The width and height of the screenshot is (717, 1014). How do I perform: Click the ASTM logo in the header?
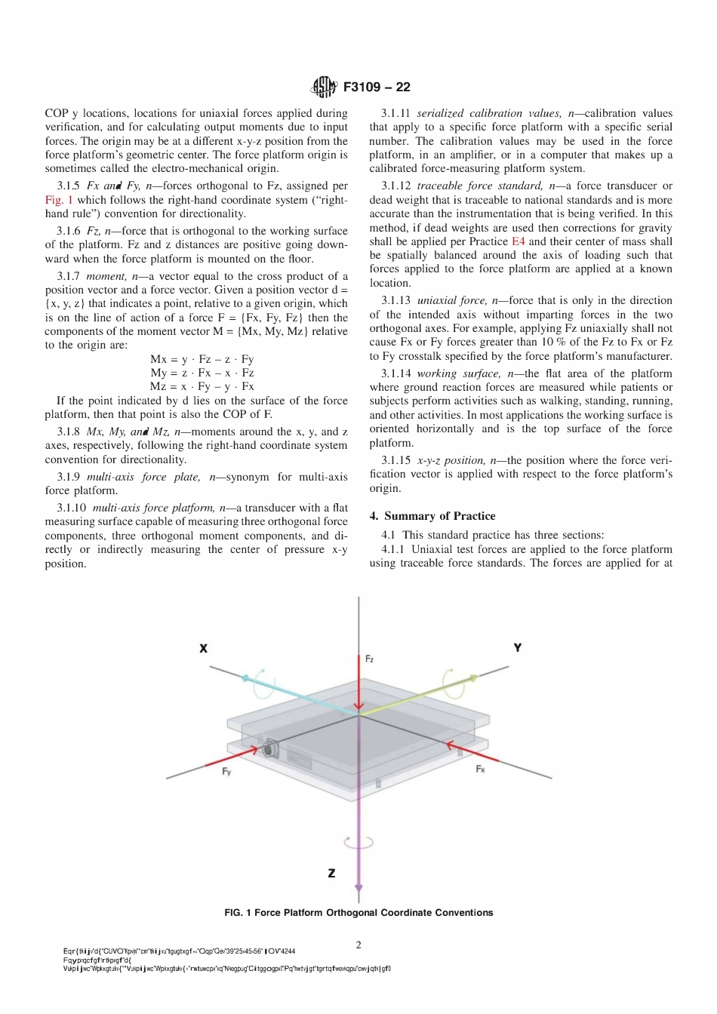[325, 87]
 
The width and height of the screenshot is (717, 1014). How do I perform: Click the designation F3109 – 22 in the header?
[377, 87]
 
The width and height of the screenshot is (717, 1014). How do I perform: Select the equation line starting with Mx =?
[202, 359]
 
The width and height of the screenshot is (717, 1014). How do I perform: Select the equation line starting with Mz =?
[202, 386]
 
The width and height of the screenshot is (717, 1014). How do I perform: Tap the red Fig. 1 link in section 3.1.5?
[59, 200]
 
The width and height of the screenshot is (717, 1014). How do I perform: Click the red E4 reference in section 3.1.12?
[518, 241]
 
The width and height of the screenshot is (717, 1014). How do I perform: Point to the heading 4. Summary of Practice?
[432, 516]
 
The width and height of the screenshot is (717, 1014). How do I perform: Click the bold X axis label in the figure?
[204, 648]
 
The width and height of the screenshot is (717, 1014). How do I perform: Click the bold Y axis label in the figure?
[518, 647]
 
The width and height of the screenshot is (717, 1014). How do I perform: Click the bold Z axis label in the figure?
[331, 873]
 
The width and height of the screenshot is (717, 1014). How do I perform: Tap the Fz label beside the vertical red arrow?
[369, 659]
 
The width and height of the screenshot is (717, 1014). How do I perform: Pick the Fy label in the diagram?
[226, 772]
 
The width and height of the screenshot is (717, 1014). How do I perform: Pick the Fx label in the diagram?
[480, 769]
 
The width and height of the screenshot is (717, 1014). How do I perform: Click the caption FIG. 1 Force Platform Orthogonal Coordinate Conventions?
[358, 913]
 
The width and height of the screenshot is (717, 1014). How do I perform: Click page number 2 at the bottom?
[358, 945]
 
